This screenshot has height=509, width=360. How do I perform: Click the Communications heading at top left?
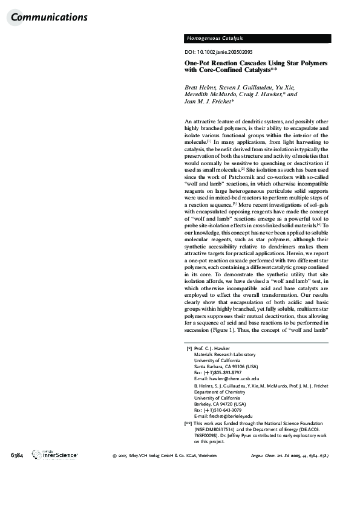[x=49, y=18]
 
